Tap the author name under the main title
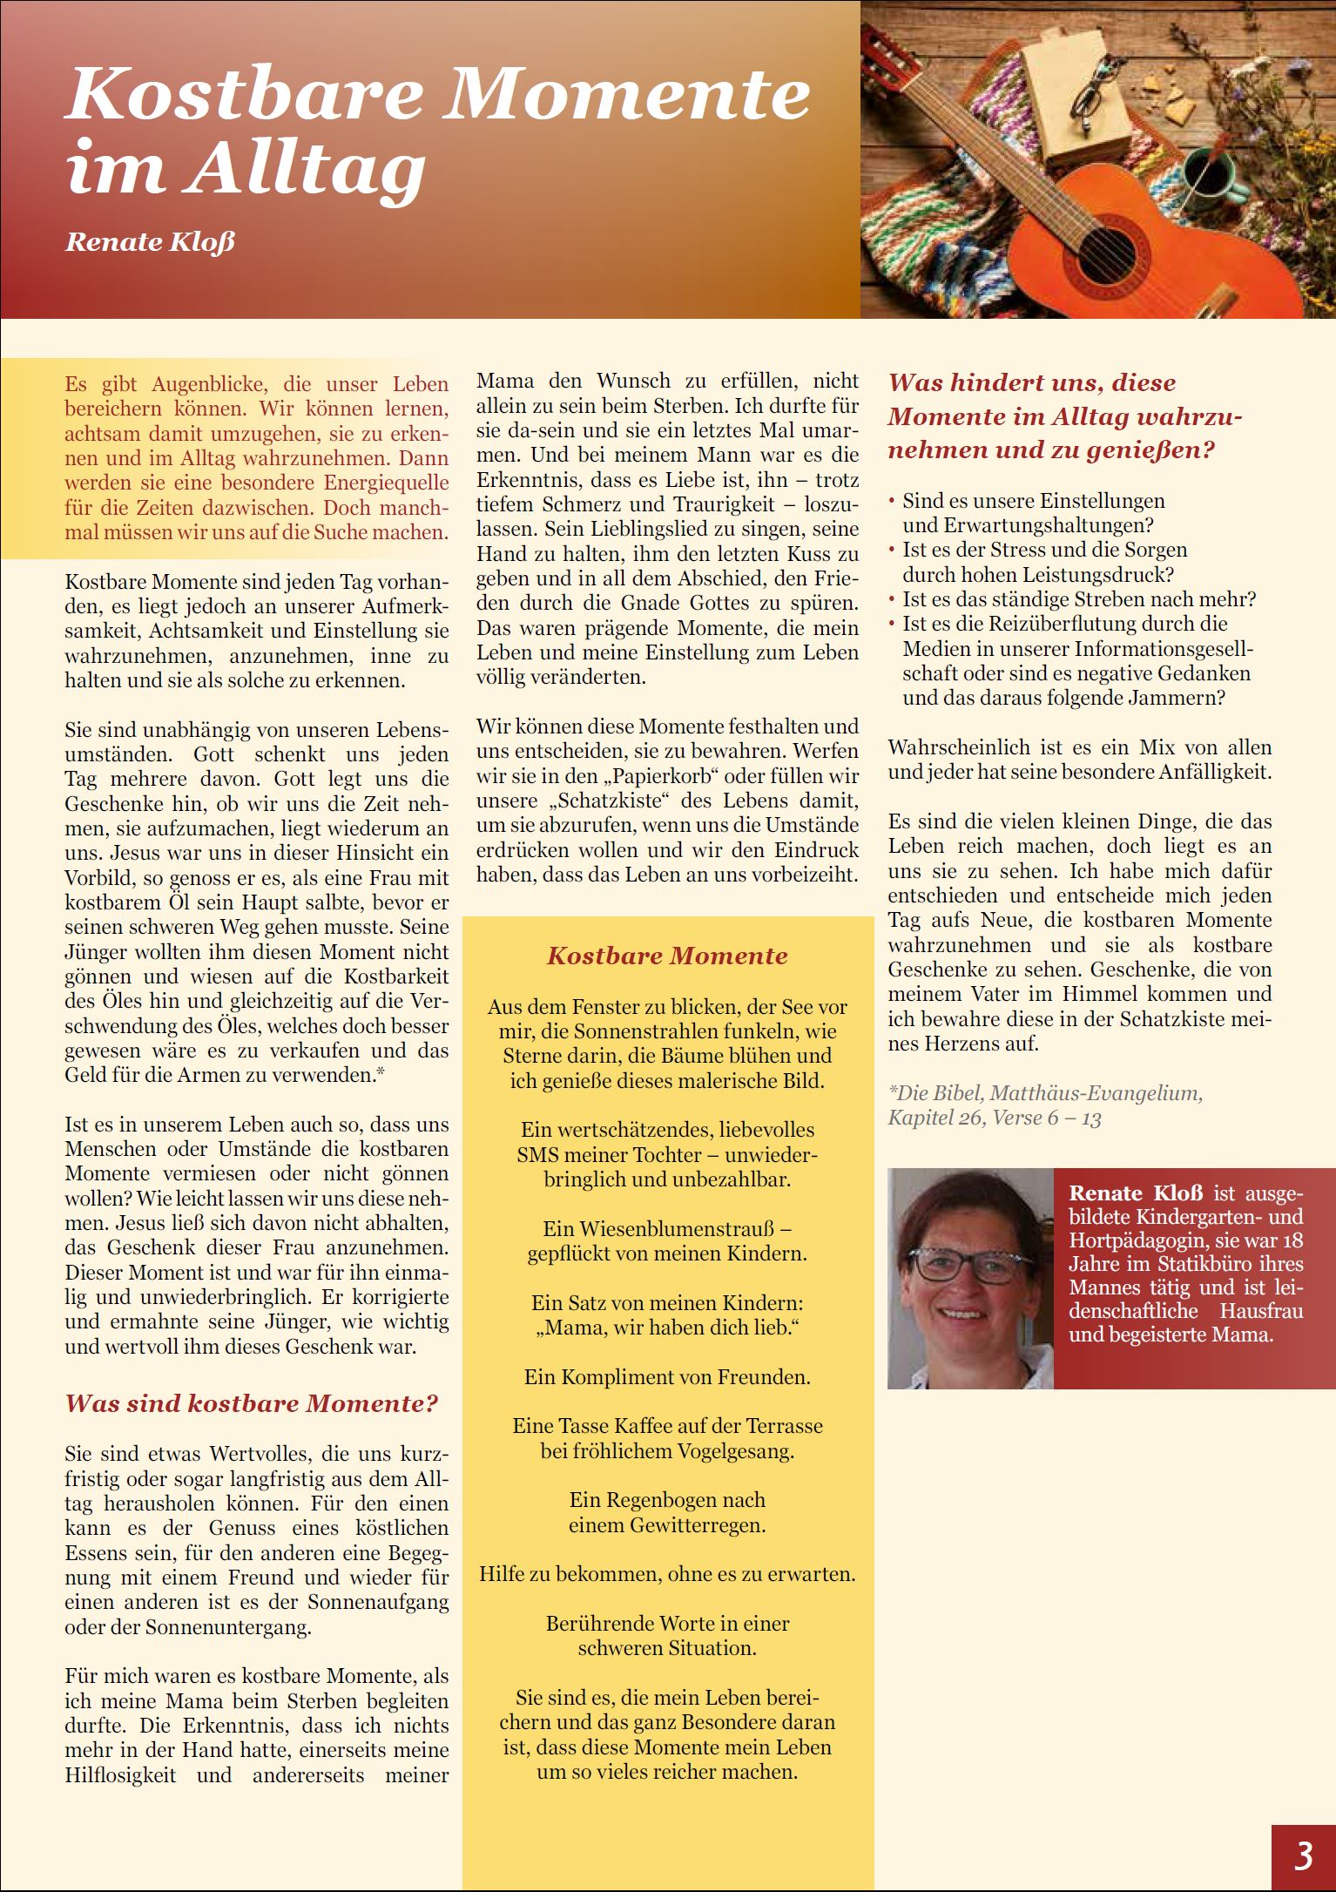(x=150, y=241)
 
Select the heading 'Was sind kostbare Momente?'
(x=252, y=1403)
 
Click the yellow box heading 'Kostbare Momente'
(x=667, y=956)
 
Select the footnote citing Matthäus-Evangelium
(x=1044, y=1105)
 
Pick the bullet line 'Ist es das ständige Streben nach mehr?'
(x=1078, y=599)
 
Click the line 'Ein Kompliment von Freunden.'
(x=667, y=1377)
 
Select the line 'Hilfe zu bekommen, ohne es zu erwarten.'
(x=667, y=1574)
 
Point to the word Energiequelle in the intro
(x=383, y=482)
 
